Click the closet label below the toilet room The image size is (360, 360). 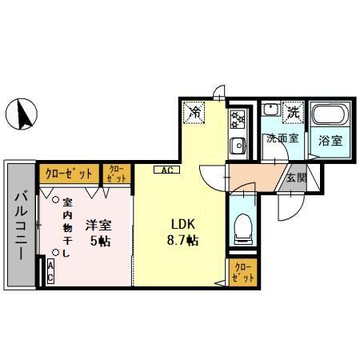pyautogui.click(x=243, y=272)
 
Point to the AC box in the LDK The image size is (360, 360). pyautogui.click(x=168, y=170)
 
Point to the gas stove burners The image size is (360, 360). pyautogui.click(x=238, y=119)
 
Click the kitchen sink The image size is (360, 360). pyautogui.click(x=237, y=146)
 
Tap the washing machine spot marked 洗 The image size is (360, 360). pyautogui.click(x=293, y=113)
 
